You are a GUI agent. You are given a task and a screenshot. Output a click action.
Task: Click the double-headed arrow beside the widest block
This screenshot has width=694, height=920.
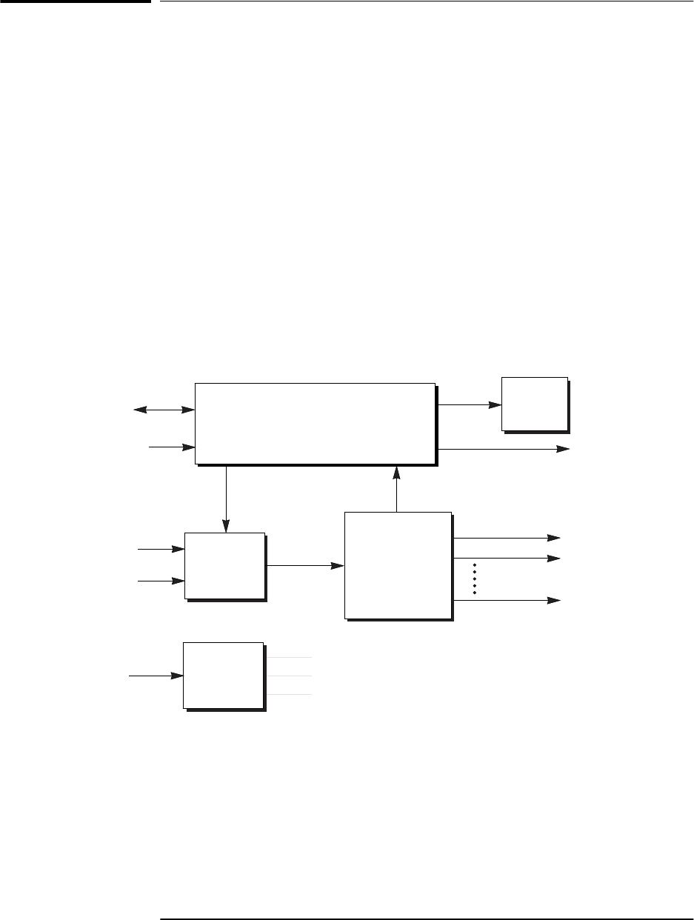163,409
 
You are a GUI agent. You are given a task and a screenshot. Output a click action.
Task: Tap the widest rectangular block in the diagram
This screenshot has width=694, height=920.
315,423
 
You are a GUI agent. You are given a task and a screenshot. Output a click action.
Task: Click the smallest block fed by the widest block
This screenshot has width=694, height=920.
534,404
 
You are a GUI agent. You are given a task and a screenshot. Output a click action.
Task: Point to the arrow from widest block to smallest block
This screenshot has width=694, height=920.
469,405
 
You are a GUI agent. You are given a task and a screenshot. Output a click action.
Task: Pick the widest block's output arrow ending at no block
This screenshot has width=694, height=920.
504,449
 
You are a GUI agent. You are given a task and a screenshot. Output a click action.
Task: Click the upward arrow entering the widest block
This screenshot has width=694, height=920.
398,489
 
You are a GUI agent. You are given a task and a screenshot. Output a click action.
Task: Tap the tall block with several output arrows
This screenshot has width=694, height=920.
398,564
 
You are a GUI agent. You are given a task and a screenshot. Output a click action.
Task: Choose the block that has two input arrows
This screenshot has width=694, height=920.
224,565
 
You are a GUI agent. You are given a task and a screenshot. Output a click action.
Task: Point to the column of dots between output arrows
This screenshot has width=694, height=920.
474,579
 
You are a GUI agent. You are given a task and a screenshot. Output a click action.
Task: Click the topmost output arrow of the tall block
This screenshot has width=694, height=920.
506,538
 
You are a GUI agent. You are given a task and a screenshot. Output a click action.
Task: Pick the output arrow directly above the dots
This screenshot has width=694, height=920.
506,557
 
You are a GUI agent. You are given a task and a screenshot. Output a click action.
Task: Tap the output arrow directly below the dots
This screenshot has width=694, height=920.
506,600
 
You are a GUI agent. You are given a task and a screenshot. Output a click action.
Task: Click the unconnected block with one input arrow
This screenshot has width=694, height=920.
223,676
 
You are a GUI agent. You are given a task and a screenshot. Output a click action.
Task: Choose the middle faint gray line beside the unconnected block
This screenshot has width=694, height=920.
289,676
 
